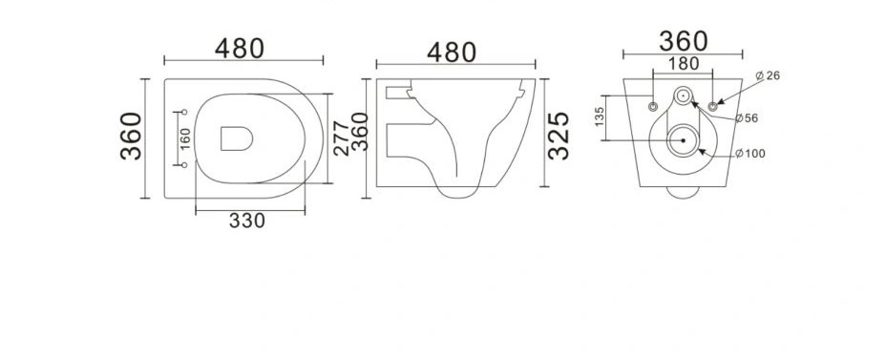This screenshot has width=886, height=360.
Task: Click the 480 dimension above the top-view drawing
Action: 240,49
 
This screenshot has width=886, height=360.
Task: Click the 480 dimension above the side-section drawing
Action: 452,53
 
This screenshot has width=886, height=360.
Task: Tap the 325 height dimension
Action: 559,136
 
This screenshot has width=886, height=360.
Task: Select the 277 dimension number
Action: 341,138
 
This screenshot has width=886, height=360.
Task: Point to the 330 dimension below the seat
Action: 247,221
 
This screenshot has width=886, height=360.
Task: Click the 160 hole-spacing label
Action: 185,138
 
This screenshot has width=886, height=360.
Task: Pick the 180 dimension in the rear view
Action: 684,64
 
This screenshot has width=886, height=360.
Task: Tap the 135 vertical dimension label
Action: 601,116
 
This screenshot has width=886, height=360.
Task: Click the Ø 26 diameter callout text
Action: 768,75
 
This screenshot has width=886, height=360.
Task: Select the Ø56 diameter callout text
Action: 747,118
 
